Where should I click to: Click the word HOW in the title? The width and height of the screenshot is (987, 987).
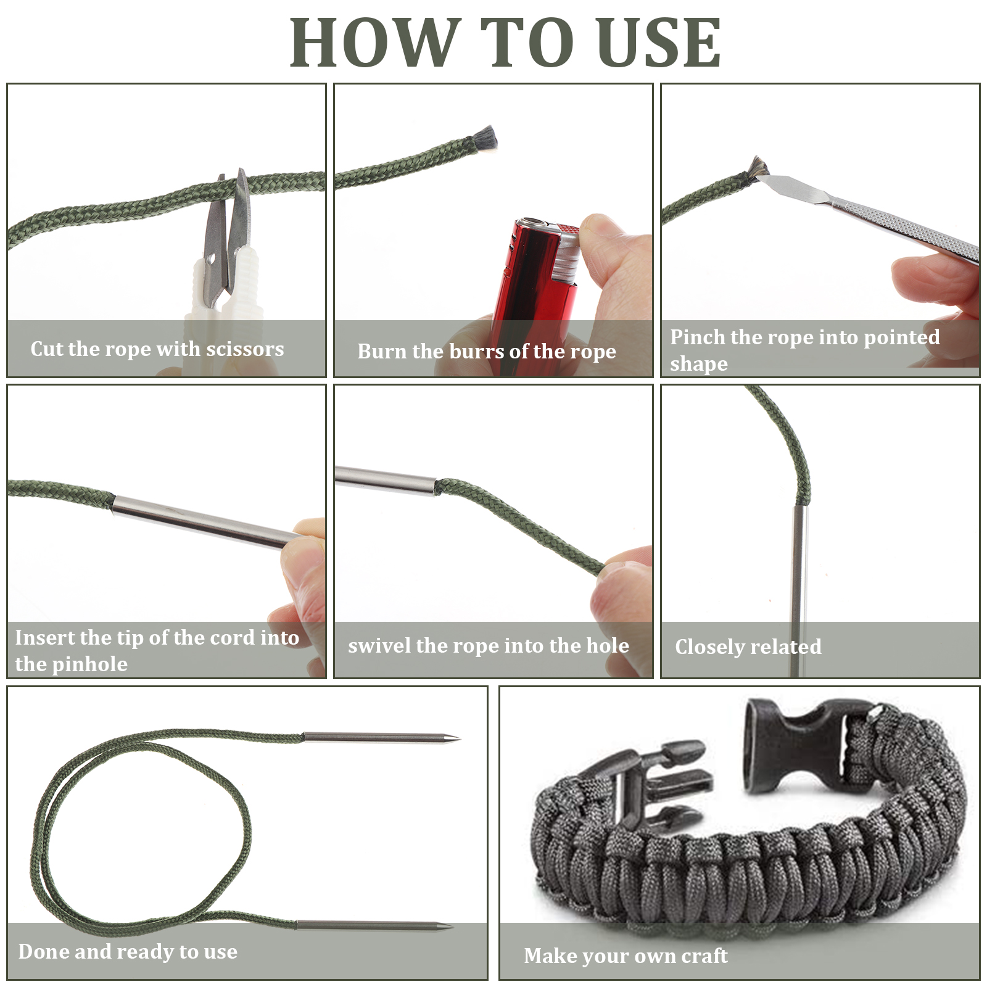tap(376, 42)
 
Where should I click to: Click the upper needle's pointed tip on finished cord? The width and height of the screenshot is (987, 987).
tap(459, 738)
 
